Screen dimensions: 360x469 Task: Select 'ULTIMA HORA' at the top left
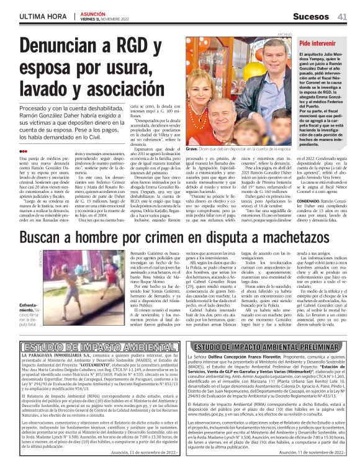pos(27,16)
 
